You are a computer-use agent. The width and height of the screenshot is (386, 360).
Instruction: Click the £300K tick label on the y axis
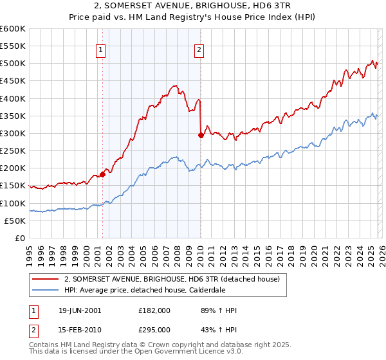coord(12,133)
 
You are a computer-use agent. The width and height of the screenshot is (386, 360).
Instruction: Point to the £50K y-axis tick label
coord(14,221)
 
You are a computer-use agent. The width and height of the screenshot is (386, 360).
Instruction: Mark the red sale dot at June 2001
coord(102,174)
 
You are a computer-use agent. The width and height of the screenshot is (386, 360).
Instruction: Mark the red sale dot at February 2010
coord(201,135)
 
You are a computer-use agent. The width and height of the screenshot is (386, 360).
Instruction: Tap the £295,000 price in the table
coord(154,329)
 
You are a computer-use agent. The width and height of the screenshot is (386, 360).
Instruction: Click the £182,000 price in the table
coord(154,310)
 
